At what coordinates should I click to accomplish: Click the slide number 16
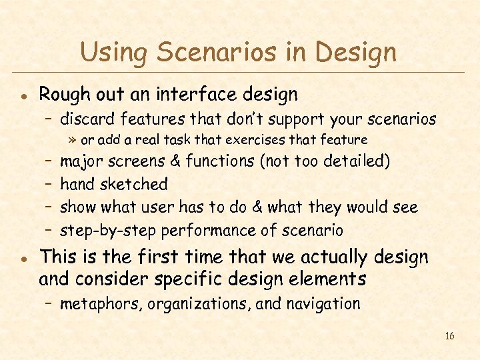(x=449, y=336)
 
